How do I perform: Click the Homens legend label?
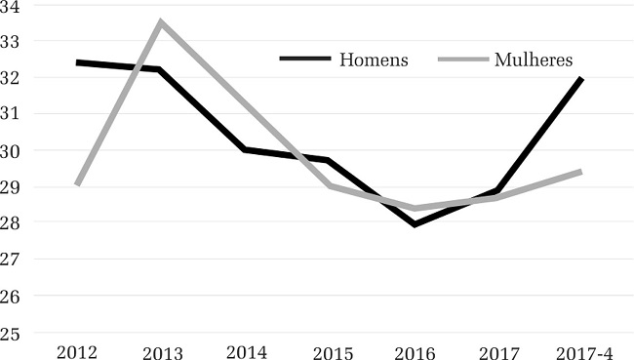click(x=374, y=60)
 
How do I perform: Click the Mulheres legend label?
click(x=534, y=60)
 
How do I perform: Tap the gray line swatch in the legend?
click(x=461, y=60)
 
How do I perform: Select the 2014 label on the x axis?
click(x=245, y=351)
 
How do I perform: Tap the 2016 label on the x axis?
click(x=415, y=351)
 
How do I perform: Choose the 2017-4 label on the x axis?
click(x=582, y=351)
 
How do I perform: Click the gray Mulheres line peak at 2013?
click(x=161, y=21)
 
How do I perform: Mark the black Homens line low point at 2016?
click(x=415, y=224)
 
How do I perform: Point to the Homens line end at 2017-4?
click(x=582, y=78)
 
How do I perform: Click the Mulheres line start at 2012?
click(x=77, y=184)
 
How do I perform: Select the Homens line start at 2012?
click(x=77, y=62)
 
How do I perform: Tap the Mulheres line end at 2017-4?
click(x=582, y=172)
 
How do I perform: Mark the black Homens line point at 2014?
click(x=245, y=149)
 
